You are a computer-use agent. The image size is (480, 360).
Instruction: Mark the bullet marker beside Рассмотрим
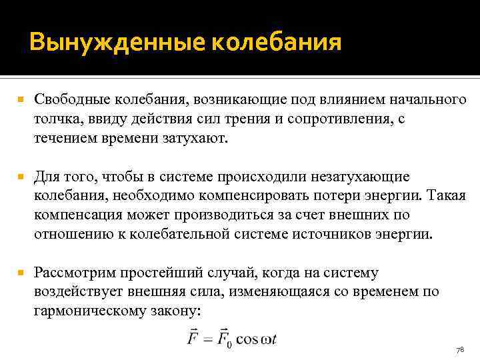point(21,273)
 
